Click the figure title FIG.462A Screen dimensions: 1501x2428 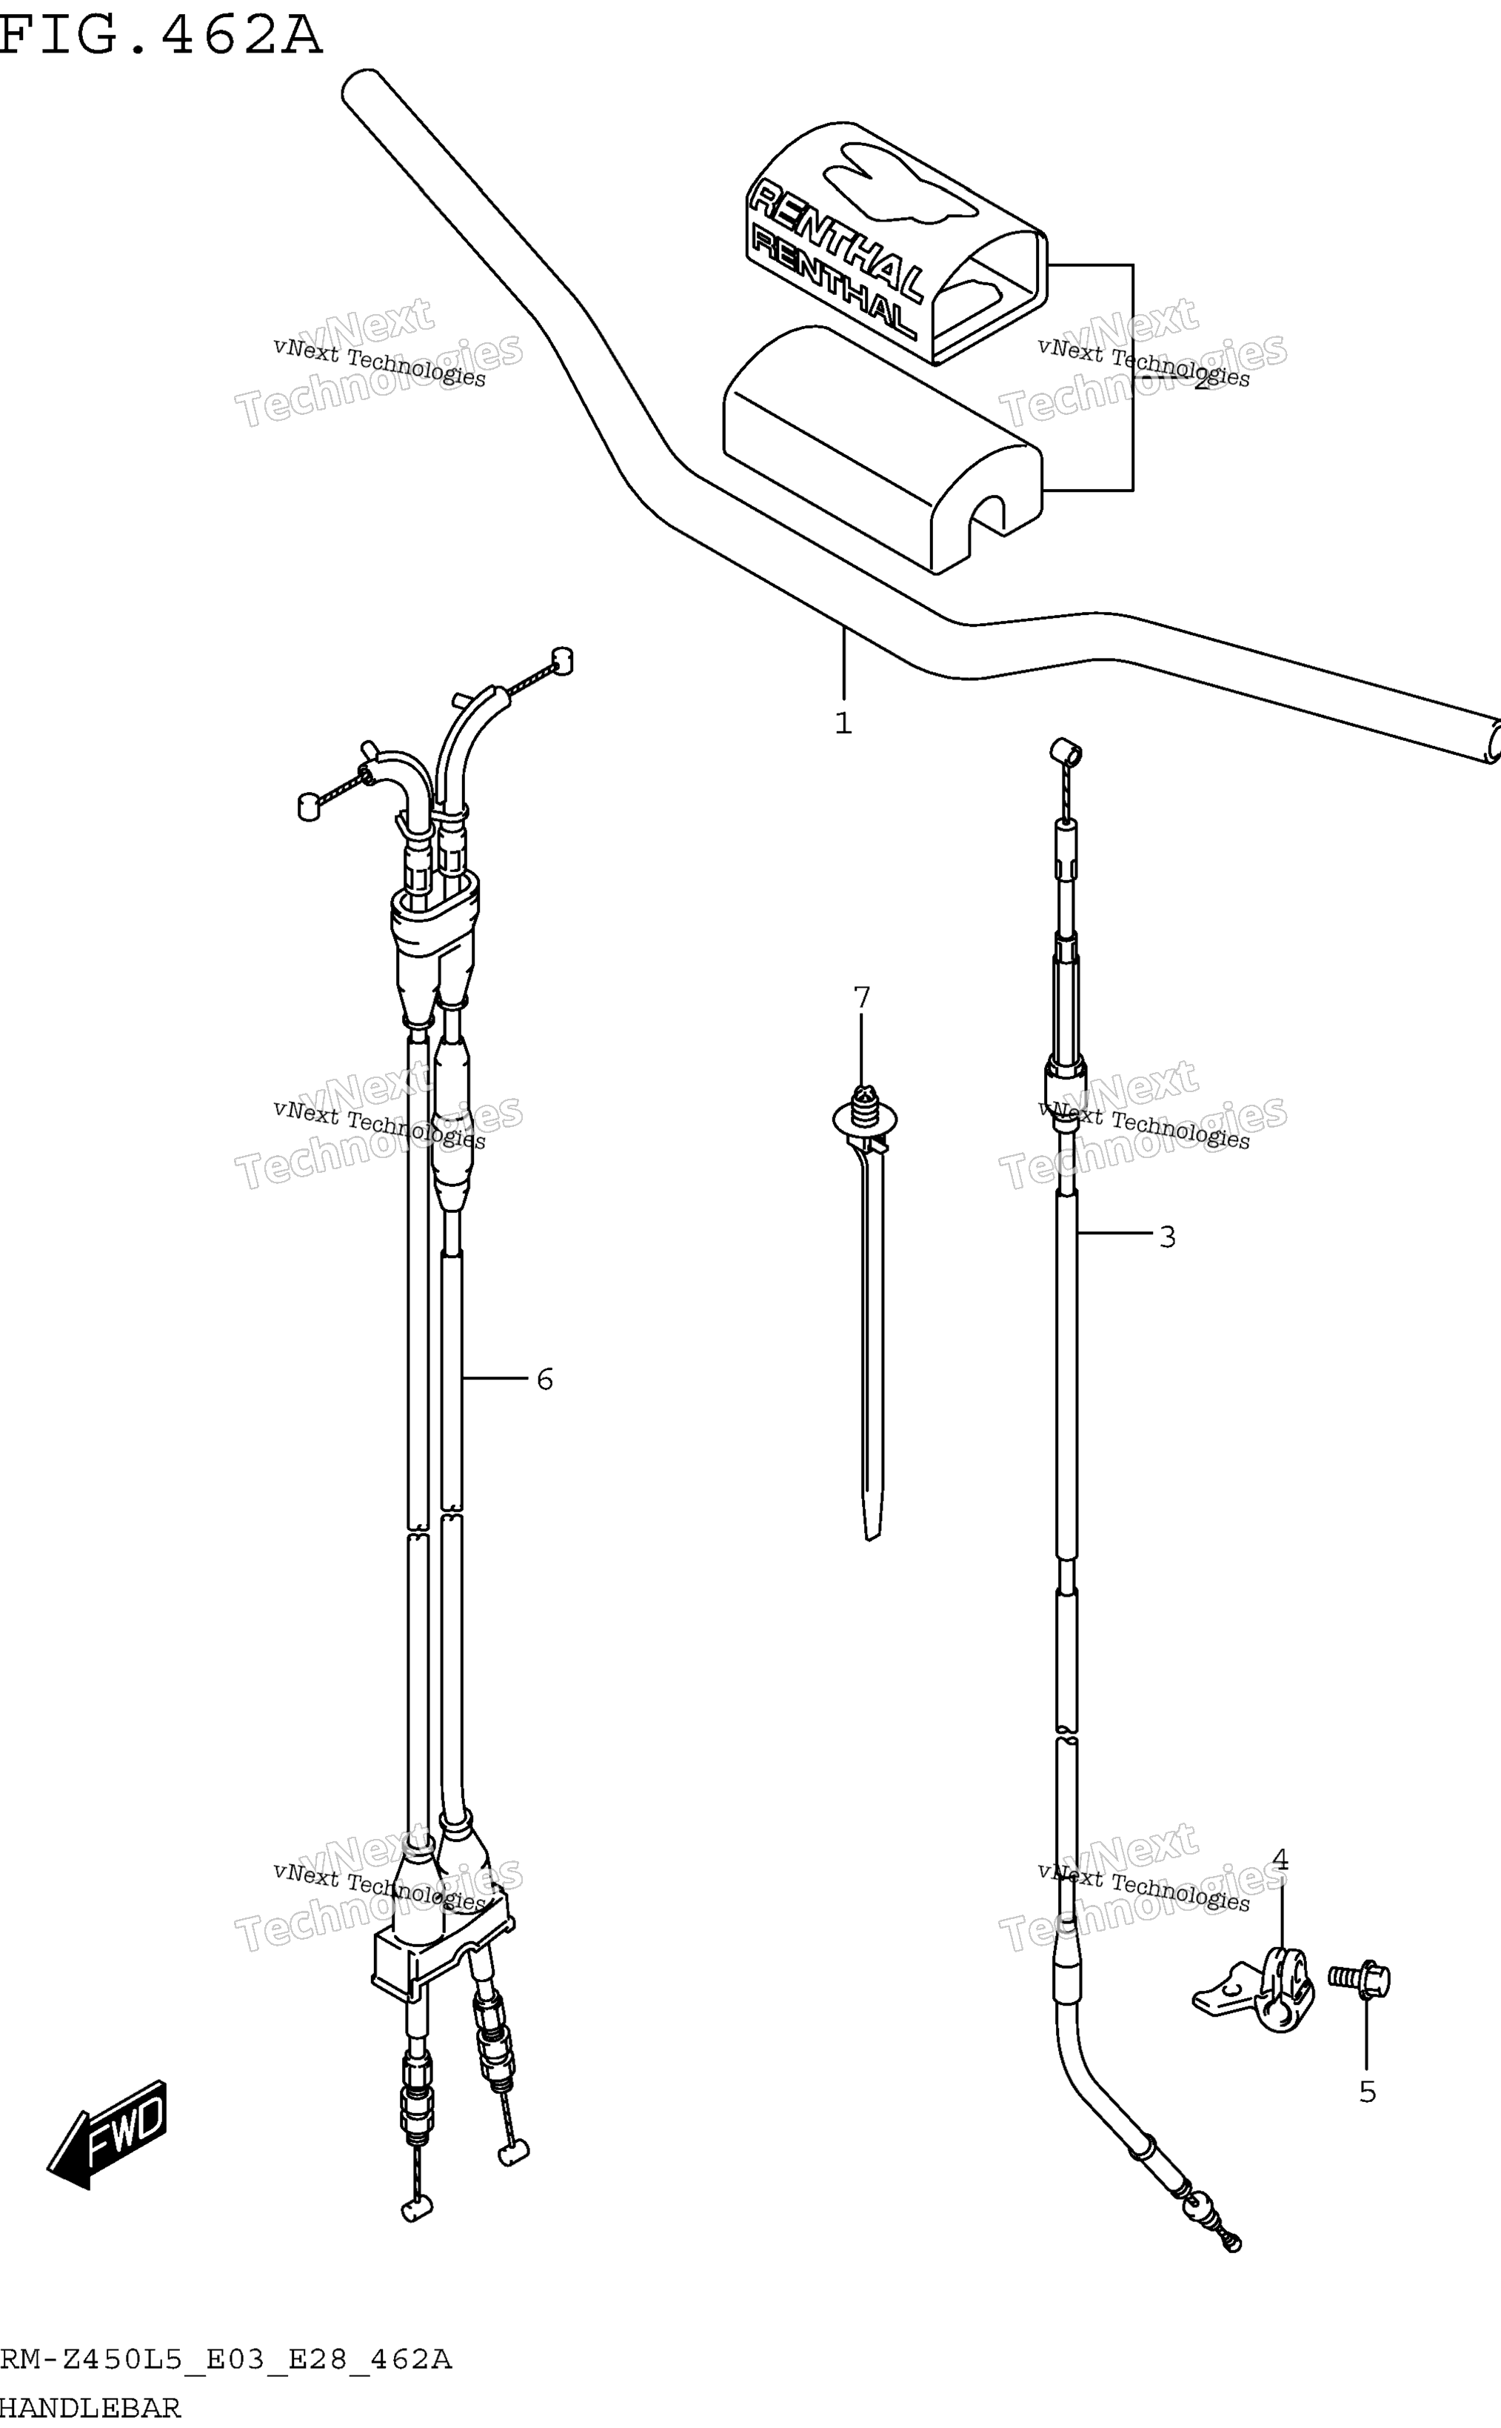click(x=161, y=35)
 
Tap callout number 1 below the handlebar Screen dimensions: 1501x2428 click(x=843, y=723)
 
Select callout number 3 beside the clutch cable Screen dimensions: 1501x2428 click(x=1168, y=1237)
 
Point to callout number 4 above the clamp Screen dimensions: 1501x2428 click(x=1280, y=1859)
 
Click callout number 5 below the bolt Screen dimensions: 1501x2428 click(x=1367, y=2092)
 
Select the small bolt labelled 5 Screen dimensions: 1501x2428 click(x=1360, y=1979)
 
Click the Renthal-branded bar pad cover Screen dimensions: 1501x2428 click(x=897, y=242)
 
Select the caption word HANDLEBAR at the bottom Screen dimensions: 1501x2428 click(x=90, y=2407)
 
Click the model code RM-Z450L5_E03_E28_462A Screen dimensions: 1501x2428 click(x=227, y=2358)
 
